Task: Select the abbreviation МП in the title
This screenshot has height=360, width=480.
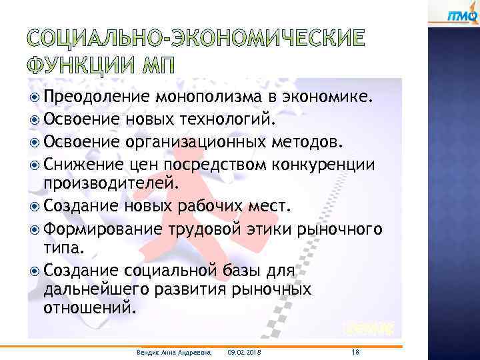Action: (x=155, y=66)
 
